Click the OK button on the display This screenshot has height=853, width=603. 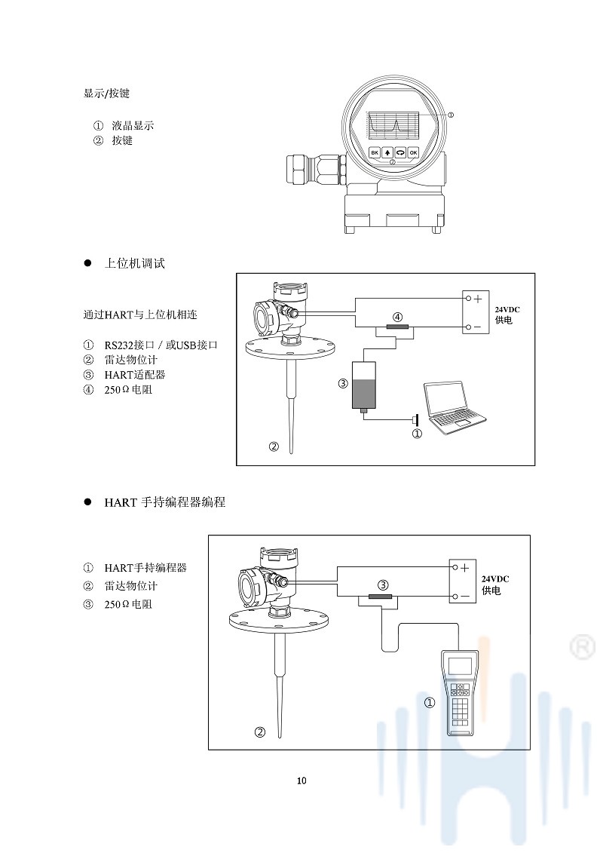[413, 152]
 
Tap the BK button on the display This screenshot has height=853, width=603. [375, 152]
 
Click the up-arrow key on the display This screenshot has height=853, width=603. [387, 152]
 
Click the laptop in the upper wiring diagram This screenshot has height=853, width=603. [454, 408]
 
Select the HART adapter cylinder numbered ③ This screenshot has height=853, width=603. [364, 385]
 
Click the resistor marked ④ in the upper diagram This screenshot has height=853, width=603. [396, 327]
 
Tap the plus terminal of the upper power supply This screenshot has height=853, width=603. [476, 299]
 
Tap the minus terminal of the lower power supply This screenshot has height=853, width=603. [464, 596]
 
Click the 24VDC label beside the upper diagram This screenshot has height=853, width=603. [507, 309]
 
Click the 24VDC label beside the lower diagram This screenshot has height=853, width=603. [495, 578]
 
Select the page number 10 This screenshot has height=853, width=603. [301, 780]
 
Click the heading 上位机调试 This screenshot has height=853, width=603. [134, 263]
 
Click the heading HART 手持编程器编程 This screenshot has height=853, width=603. [164, 502]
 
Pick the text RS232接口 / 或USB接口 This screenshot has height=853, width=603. [161, 345]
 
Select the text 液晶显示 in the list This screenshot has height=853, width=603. [133, 125]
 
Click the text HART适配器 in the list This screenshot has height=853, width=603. [134, 374]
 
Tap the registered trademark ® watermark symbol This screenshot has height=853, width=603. [581, 646]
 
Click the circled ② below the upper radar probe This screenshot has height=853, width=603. [274, 446]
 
